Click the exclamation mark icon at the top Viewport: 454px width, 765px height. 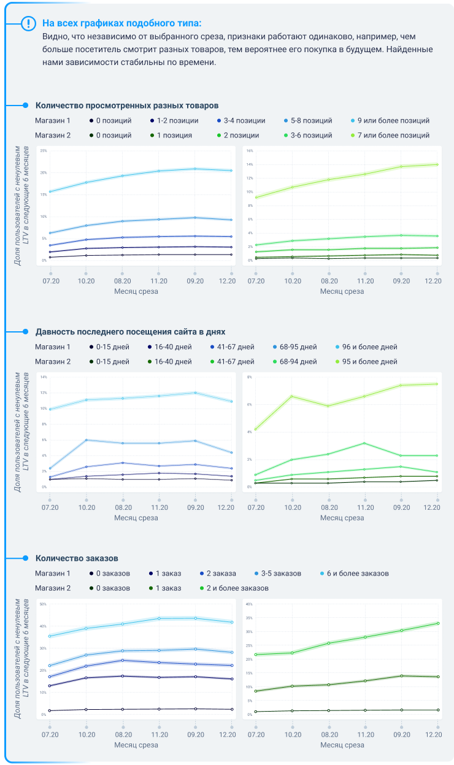tap(29, 23)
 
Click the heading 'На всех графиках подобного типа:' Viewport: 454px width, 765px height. tap(121, 23)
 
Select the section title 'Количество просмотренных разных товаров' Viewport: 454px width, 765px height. tap(127, 106)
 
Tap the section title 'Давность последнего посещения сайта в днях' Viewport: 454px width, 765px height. tap(131, 331)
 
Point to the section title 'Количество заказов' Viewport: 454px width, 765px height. tap(77, 558)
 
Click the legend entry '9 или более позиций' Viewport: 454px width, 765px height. tap(393, 121)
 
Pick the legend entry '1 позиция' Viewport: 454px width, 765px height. tap(174, 135)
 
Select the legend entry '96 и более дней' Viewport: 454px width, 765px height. tap(370, 347)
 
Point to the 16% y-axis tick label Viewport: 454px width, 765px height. tap(250, 150)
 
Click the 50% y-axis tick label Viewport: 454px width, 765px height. tap(43, 604)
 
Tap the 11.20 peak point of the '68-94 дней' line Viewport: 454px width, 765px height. tap(365, 443)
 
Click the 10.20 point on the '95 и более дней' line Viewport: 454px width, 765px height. tap(292, 396)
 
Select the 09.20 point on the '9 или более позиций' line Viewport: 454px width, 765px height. tap(195, 169)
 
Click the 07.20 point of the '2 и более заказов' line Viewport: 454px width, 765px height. tap(256, 655)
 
